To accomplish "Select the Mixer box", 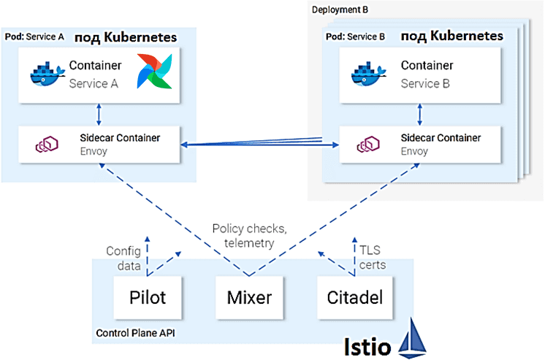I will (x=249, y=297).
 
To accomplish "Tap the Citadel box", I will (x=354, y=297).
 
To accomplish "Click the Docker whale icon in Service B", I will (x=370, y=74).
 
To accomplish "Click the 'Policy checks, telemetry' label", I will (x=249, y=236).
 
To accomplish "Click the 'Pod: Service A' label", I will (x=34, y=37).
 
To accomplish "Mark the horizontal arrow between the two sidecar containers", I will (x=259, y=145).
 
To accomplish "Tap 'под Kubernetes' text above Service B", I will (x=451, y=36).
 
